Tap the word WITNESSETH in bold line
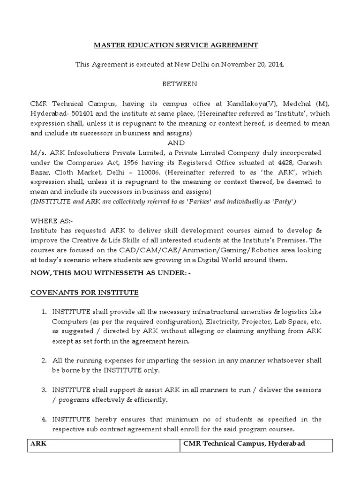[x=126, y=273]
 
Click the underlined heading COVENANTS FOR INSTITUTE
[x=84, y=293]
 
